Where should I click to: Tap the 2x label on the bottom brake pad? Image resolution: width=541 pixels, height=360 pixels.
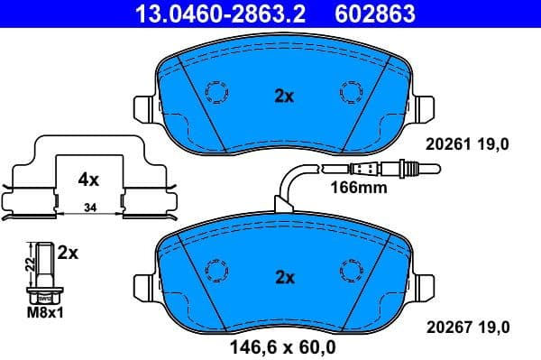pos(284,278)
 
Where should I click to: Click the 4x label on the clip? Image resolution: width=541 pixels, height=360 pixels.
pos(87,179)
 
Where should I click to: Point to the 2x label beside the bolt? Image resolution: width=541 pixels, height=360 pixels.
pos(69,254)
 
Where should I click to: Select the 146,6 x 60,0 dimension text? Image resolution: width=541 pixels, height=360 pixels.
pos(282,345)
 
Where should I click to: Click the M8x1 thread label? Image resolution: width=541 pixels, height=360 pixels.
pos(44,313)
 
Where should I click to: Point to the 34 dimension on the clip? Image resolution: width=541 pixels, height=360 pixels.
pos(87,209)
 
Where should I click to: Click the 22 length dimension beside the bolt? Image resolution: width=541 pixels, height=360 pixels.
pos(26,263)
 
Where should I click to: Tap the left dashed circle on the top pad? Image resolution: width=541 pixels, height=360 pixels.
pos(216,91)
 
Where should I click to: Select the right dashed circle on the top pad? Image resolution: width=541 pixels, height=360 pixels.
pos(350,91)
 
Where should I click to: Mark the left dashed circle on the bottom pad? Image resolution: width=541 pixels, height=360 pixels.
pos(216,269)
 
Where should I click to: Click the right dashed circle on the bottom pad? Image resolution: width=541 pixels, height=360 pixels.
pos(350,269)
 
